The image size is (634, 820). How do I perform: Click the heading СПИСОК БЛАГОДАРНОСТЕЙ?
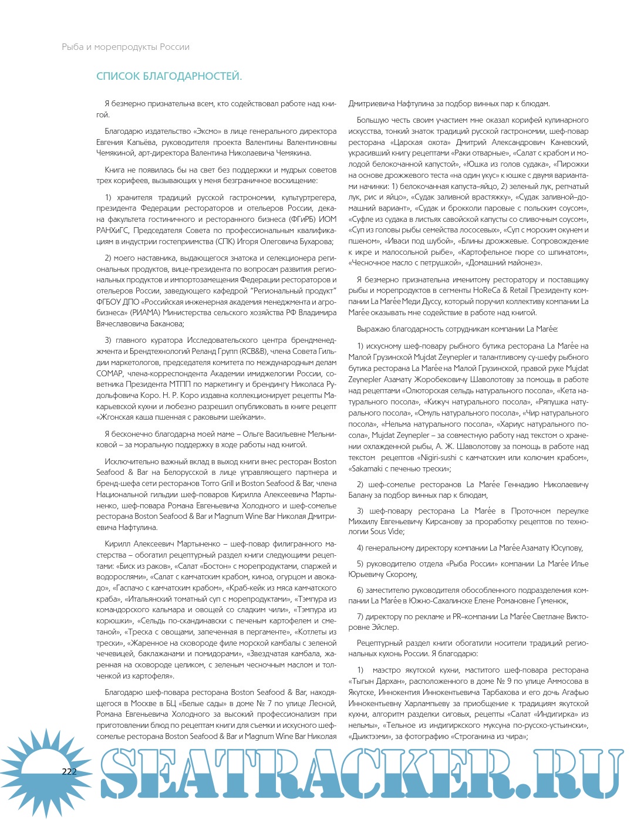tap(169, 76)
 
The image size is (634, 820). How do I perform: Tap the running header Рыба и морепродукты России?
tap(126, 47)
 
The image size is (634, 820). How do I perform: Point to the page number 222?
tap(69, 771)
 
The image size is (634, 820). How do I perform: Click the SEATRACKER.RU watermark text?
tap(352, 774)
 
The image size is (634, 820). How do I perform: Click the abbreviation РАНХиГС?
tap(115, 231)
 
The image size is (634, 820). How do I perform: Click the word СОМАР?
tap(110, 373)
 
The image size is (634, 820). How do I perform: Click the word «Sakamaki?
tap(367, 468)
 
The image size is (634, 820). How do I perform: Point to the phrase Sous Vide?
tap(387, 532)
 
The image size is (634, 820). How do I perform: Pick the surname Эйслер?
tap(385, 627)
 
